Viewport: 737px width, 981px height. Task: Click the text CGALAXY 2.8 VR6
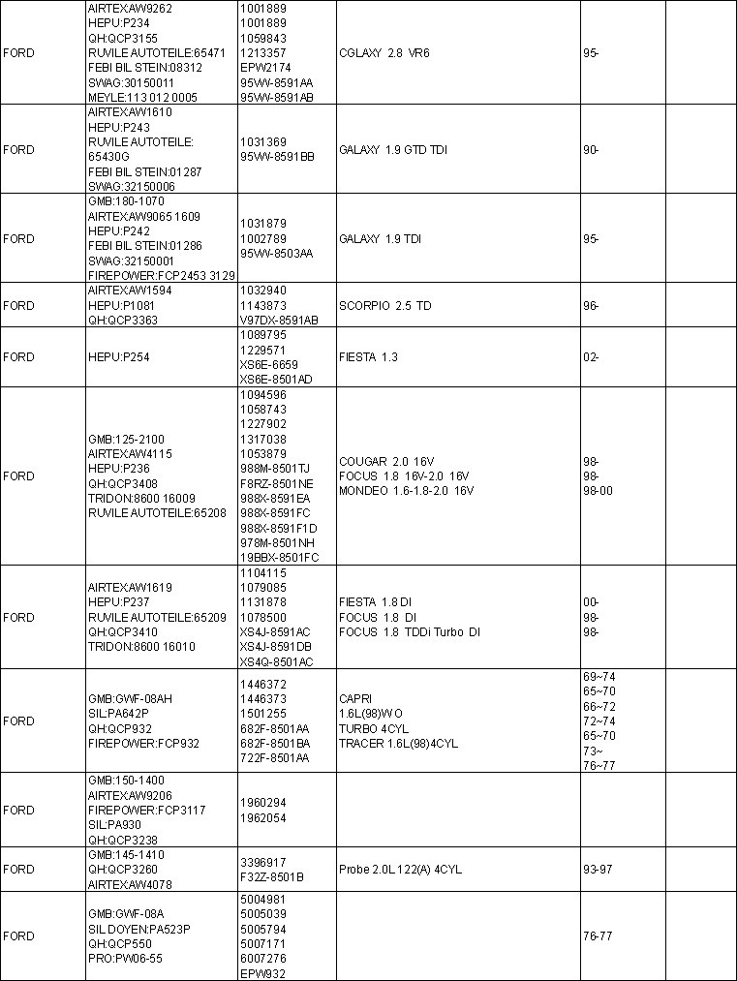pos(384,53)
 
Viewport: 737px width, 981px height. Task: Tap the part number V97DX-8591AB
pos(279,321)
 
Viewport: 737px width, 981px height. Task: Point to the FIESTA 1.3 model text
pos(368,357)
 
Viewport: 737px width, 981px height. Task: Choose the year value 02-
pos(591,357)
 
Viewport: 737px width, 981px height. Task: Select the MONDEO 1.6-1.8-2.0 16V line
pos(406,491)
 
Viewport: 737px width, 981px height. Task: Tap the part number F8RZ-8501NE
pos(277,483)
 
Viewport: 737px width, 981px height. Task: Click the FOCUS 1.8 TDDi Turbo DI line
pos(409,632)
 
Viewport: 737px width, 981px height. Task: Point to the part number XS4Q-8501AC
pos(276,662)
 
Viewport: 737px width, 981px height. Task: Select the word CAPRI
pos(353,698)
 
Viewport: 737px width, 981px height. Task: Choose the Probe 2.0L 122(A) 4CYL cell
pos(400,870)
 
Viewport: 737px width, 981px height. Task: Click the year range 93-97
pos(598,870)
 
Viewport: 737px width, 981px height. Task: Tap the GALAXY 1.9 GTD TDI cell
pos(392,150)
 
